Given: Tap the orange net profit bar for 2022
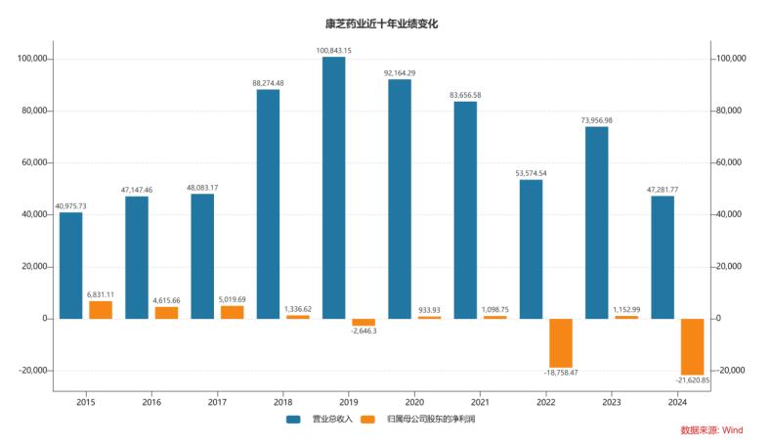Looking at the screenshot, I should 560,342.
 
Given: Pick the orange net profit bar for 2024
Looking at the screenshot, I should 692,346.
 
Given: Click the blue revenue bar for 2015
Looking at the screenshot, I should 71,265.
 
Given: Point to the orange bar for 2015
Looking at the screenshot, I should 101,309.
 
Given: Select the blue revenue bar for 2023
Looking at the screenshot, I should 596,222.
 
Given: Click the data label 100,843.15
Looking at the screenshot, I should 334,50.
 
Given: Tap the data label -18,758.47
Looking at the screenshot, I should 560,373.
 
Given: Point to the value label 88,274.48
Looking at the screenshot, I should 268,83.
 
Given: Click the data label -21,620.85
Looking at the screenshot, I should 692,380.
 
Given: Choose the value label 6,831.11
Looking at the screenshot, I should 101,294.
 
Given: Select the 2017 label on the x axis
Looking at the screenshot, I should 217,402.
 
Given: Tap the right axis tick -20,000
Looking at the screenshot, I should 729,371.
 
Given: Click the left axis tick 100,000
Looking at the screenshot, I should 29,60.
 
